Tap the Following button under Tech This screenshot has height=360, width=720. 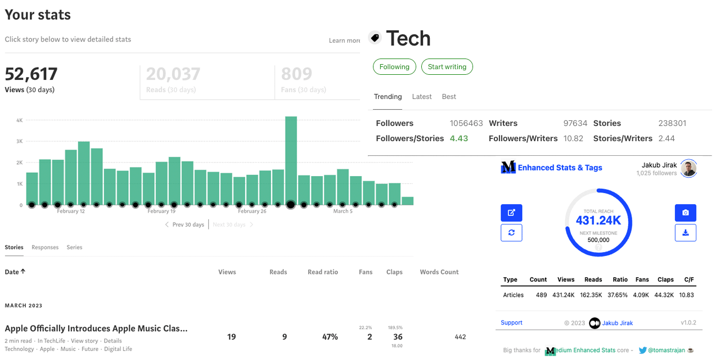click(394, 67)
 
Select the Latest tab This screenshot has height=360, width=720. click(422, 97)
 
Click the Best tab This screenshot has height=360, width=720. click(449, 97)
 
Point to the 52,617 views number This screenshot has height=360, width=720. click(31, 74)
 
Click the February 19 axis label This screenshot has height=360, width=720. click(162, 211)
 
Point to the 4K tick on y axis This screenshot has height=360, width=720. click(19, 120)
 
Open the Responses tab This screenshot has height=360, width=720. click(45, 247)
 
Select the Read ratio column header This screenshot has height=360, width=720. click(323, 272)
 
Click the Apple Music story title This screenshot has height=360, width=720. click(96, 328)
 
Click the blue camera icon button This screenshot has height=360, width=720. click(686, 213)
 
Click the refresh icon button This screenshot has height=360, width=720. click(511, 233)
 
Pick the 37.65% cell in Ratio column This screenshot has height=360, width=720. click(620, 295)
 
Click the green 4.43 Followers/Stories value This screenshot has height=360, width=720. click(459, 138)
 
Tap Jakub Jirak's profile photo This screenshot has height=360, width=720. click(689, 169)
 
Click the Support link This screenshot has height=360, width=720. click(511, 323)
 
